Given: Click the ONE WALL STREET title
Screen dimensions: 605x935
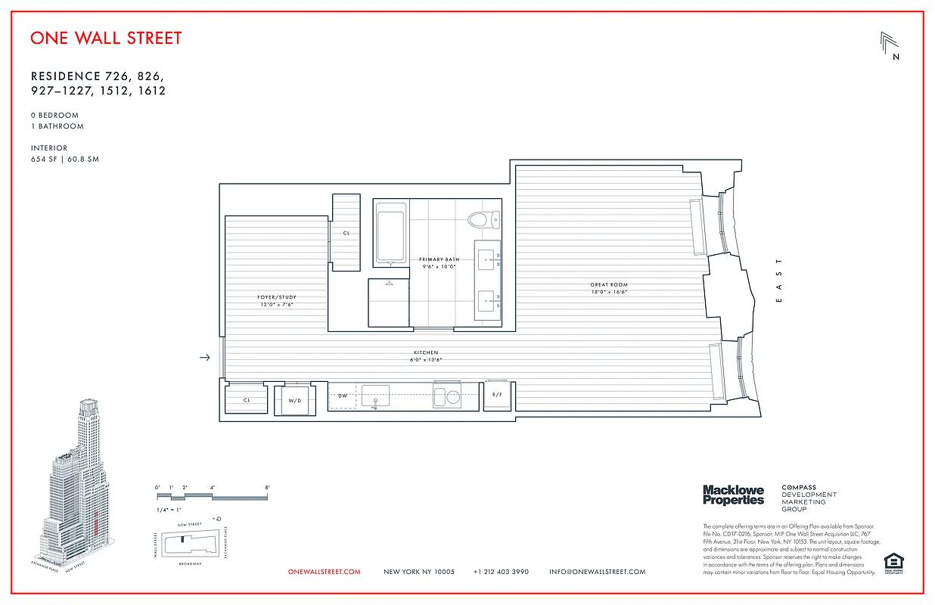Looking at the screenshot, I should coord(106,38).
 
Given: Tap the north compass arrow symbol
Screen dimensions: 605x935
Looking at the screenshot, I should coord(890,45).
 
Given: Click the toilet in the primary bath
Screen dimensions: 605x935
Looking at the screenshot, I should coord(481,220).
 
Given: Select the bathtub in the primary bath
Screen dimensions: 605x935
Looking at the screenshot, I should coord(391,234).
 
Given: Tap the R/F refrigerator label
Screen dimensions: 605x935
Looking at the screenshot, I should coord(497,396).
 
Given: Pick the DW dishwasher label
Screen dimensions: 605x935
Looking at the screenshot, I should coord(343,396).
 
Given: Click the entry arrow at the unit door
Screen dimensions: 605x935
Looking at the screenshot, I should coord(204,358).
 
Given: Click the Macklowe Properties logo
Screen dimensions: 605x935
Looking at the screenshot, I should coord(733,495).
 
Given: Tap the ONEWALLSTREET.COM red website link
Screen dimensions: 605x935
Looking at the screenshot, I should coord(325,572).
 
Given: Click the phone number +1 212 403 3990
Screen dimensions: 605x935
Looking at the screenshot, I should coord(501,572).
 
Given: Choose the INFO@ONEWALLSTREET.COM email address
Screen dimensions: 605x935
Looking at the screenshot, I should coord(597,572).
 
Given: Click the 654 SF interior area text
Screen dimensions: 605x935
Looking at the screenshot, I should coord(64,160).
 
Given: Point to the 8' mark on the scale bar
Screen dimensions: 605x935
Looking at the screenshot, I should coord(267,488).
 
